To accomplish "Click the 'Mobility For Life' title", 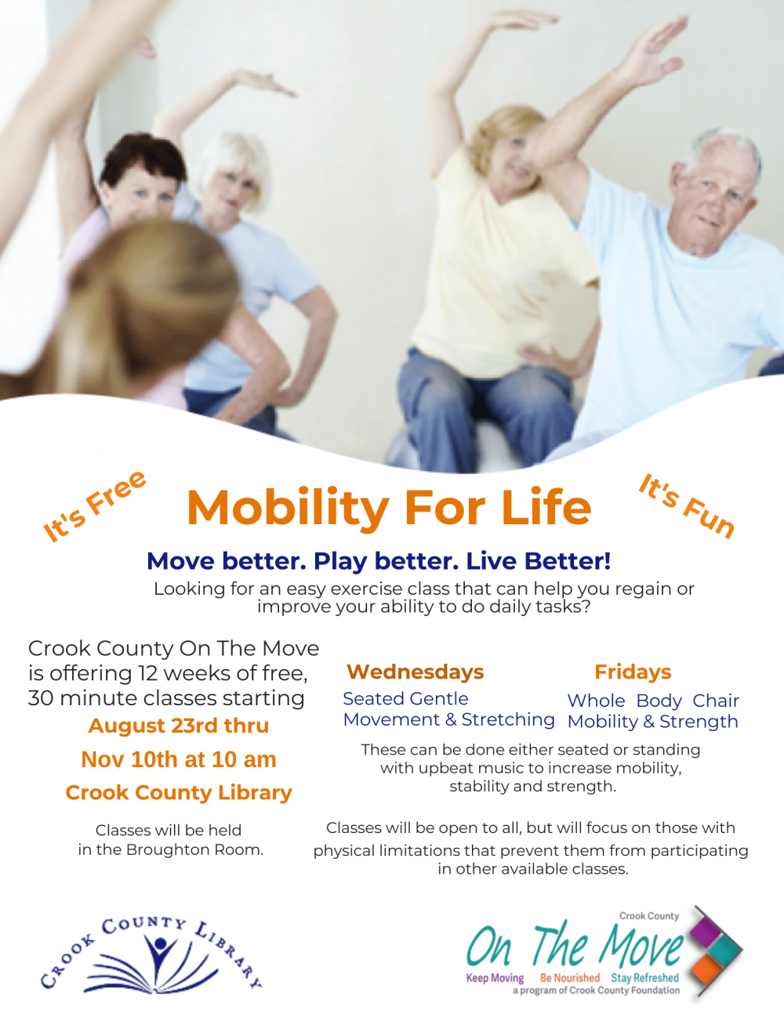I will pyautogui.click(x=389, y=508).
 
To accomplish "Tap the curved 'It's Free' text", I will pyautogui.click(x=94, y=505).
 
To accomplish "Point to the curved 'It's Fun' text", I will pyautogui.click(x=687, y=505).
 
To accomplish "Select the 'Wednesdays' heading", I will pyautogui.click(x=415, y=672).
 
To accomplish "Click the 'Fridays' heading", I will pyautogui.click(x=633, y=672).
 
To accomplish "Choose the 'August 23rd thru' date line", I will pyautogui.click(x=179, y=726).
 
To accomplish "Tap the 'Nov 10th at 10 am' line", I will pyautogui.click(x=179, y=759).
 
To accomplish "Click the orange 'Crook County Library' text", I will pyautogui.click(x=179, y=793).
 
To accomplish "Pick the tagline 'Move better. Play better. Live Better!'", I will pyautogui.click(x=379, y=561).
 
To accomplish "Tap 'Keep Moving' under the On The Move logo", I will pyautogui.click(x=495, y=978).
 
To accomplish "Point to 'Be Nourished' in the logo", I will pyautogui.click(x=570, y=978).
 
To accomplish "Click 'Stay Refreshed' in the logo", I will pyautogui.click(x=645, y=978).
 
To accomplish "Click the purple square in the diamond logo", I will pyautogui.click(x=705, y=930).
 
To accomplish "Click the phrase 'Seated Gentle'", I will pyautogui.click(x=405, y=699).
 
